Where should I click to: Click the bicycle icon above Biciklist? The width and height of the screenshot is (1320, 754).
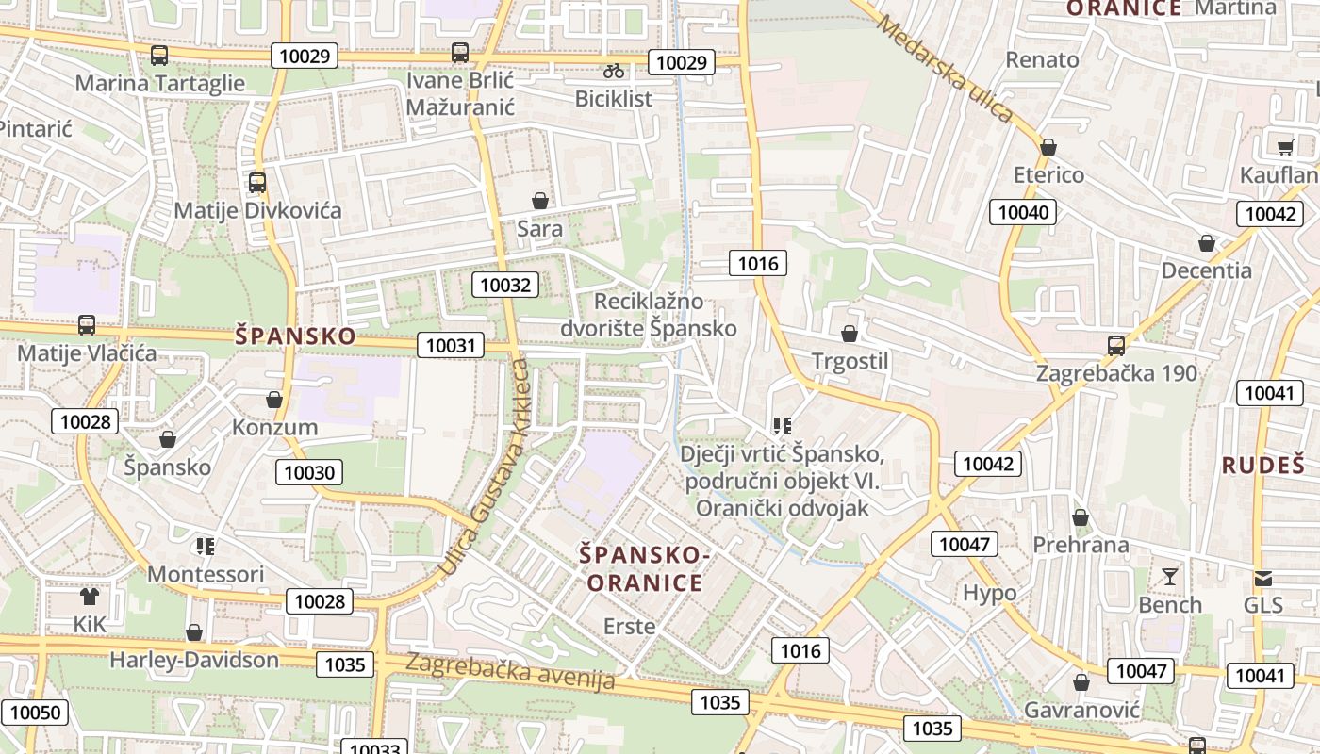(x=614, y=71)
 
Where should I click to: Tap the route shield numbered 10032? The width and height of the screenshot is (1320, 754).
(x=505, y=285)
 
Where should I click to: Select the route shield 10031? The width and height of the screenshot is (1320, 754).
(x=451, y=346)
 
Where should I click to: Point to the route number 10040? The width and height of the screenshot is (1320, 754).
(x=1023, y=212)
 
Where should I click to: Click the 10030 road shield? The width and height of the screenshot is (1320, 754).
(x=309, y=472)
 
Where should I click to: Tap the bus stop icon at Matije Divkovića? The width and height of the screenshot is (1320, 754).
(x=256, y=182)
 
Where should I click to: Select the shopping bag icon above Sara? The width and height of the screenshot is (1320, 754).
(x=540, y=201)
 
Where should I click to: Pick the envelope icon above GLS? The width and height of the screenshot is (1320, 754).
(x=1262, y=578)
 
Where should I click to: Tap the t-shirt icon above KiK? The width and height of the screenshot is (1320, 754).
(x=90, y=596)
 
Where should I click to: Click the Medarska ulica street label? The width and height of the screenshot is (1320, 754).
(x=944, y=69)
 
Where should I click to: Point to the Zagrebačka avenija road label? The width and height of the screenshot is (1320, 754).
(x=510, y=670)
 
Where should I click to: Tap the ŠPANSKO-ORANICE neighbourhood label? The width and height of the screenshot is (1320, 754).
(x=646, y=569)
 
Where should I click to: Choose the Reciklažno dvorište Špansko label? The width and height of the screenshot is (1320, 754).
(x=649, y=315)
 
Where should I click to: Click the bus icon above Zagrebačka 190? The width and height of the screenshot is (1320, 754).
(x=1116, y=345)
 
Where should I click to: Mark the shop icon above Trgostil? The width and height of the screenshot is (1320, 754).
(x=850, y=334)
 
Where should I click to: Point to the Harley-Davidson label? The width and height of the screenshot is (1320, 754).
(x=194, y=660)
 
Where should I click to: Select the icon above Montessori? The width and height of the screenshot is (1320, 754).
(x=206, y=546)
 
